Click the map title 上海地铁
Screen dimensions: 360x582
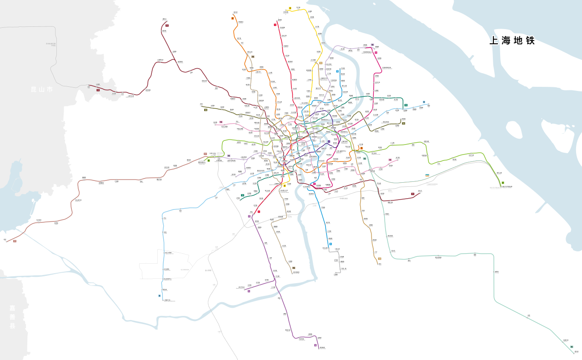point(512,40)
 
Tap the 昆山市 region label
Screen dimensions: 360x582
point(42,90)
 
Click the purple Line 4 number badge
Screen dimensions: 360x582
point(329,142)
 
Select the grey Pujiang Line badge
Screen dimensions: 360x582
point(336,260)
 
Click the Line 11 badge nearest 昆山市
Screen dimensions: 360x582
point(98,90)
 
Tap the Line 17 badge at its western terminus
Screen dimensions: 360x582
point(15,241)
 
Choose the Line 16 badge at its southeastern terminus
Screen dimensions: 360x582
point(572,347)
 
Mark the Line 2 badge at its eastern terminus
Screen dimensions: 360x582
point(503,183)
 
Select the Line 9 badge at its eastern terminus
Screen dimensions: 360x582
point(424,102)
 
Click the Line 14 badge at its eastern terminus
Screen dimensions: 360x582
point(403,123)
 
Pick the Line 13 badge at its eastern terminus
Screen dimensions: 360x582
point(390,160)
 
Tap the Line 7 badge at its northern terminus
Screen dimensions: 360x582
point(232,18)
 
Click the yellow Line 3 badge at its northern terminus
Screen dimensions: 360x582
point(290,8)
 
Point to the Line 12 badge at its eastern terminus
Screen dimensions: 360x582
point(406,105)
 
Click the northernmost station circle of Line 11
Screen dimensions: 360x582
point(164,20)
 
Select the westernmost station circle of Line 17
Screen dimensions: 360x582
point(6,242)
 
